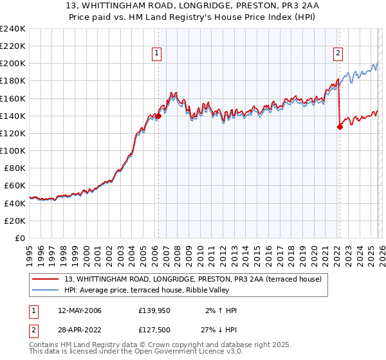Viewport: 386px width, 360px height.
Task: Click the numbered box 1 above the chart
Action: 158,54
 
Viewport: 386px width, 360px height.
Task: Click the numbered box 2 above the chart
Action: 338,54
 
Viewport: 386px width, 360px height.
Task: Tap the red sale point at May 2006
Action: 158,116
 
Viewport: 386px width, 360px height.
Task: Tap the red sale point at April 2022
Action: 340,127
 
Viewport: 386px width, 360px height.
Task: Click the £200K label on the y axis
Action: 13,64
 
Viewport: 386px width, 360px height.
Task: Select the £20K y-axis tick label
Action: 15,221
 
